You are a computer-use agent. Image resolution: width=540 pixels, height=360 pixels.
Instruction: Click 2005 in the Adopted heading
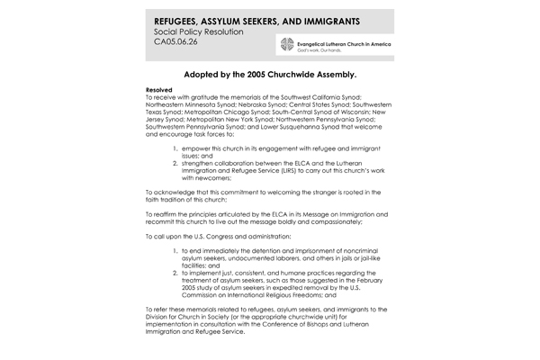(x=273, y=77)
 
